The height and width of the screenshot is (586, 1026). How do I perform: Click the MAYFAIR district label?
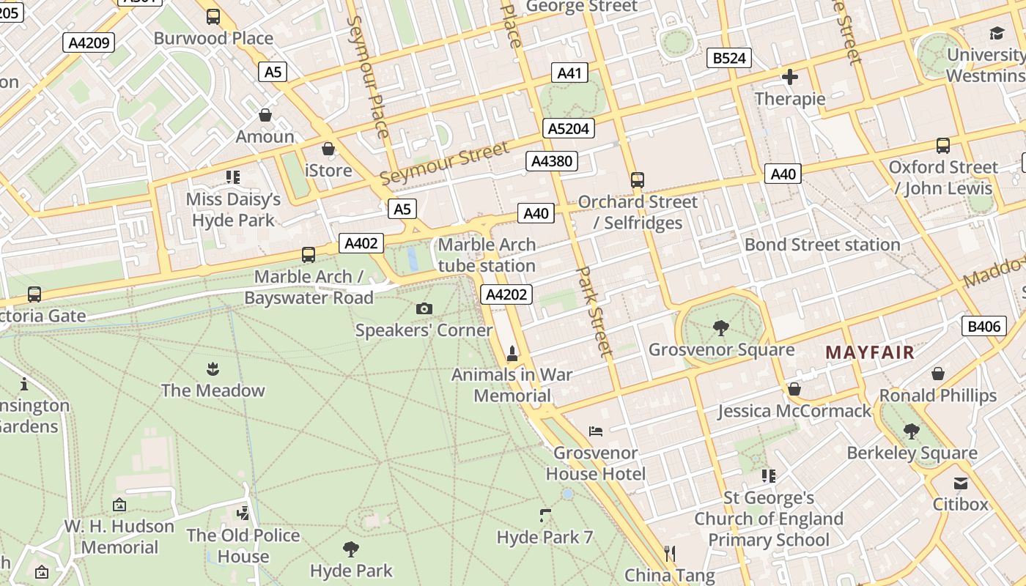point(870,352)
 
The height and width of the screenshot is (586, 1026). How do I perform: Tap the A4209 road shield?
point(89,42)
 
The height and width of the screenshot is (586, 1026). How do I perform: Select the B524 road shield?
point(729,58)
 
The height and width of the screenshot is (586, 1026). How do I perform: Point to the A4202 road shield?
point(506,294)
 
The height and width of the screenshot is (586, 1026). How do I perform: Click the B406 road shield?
point(983,326)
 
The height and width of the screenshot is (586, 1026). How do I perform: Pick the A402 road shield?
point(361,243)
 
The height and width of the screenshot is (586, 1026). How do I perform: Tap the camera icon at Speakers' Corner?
point(424,308)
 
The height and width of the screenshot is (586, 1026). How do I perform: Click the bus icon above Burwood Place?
point(213,16)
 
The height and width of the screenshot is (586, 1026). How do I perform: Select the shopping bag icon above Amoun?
point(265,115)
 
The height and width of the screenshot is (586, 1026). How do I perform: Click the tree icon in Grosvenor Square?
point(721,327)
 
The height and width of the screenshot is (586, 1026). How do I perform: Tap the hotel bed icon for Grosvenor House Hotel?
point(596,431)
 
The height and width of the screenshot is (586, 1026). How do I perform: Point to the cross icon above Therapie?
point(790,76)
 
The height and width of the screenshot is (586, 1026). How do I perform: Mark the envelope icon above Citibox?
point(960,483)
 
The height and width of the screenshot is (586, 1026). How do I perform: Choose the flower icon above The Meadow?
point(213,368)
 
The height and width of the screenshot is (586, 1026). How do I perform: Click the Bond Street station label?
point(822,245)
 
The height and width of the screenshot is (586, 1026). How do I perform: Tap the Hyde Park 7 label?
point(545,537)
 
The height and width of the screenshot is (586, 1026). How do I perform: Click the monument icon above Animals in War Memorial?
point(512,354)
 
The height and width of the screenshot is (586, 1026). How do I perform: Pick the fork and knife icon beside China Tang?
point(669,553)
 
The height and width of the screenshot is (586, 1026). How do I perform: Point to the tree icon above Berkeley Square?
point(912,431)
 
